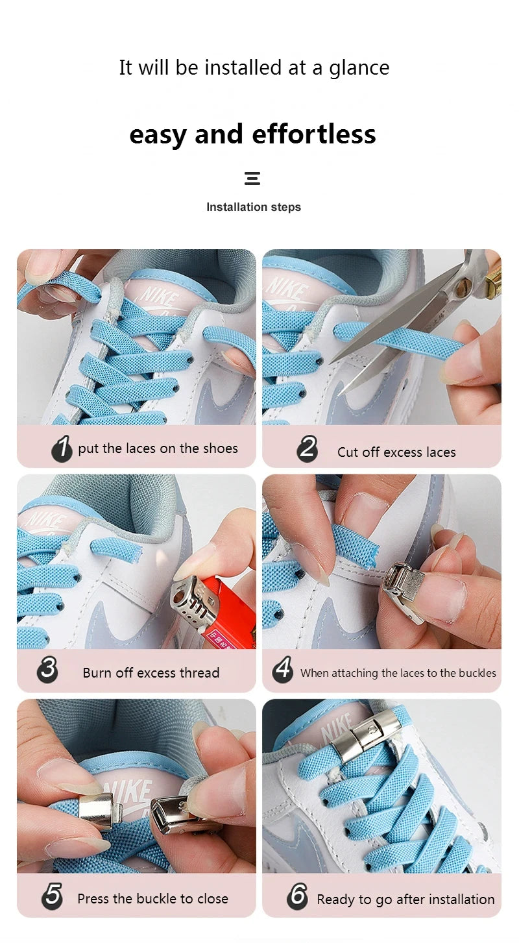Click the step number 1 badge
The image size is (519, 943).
click(62, 448)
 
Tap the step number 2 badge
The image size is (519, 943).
click(307, 449)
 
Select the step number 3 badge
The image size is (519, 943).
click(47, 669)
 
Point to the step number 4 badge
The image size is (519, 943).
click(282, 669)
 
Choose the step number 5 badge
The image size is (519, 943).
click(52, 896)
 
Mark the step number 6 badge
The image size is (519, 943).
click(297, 896)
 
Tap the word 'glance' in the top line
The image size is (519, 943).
click(359, 68)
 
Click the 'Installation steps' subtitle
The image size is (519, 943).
click(254, 207)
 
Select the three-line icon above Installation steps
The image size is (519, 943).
click(252, 178)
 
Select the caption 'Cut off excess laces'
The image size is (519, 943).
click(396, 452)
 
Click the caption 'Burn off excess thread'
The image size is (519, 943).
click(151, 673)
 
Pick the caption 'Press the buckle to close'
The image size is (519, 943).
click(152, 899)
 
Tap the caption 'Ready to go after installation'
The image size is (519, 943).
click(405, 900)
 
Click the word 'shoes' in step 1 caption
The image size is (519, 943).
click(220, 448)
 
